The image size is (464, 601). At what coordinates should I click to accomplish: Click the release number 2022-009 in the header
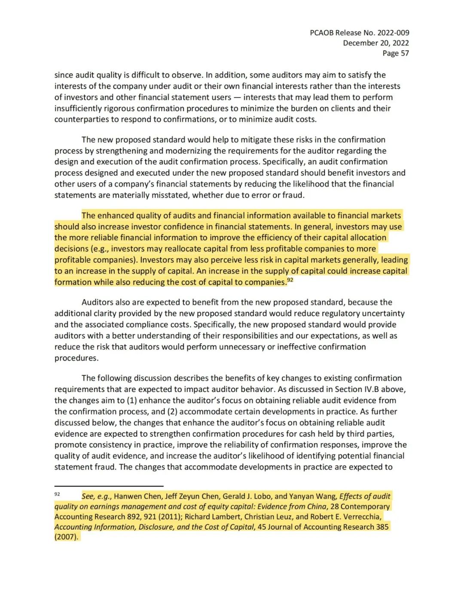391,33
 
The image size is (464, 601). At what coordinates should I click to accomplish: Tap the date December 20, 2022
375,43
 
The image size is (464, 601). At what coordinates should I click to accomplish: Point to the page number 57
404,53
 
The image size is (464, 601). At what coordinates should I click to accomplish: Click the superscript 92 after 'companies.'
290,280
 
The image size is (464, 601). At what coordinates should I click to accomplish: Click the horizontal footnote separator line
109,486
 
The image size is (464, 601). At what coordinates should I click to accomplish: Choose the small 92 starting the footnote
57,494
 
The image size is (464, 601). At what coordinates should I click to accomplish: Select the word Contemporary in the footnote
365,506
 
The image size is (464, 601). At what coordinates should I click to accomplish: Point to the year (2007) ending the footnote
66,537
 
